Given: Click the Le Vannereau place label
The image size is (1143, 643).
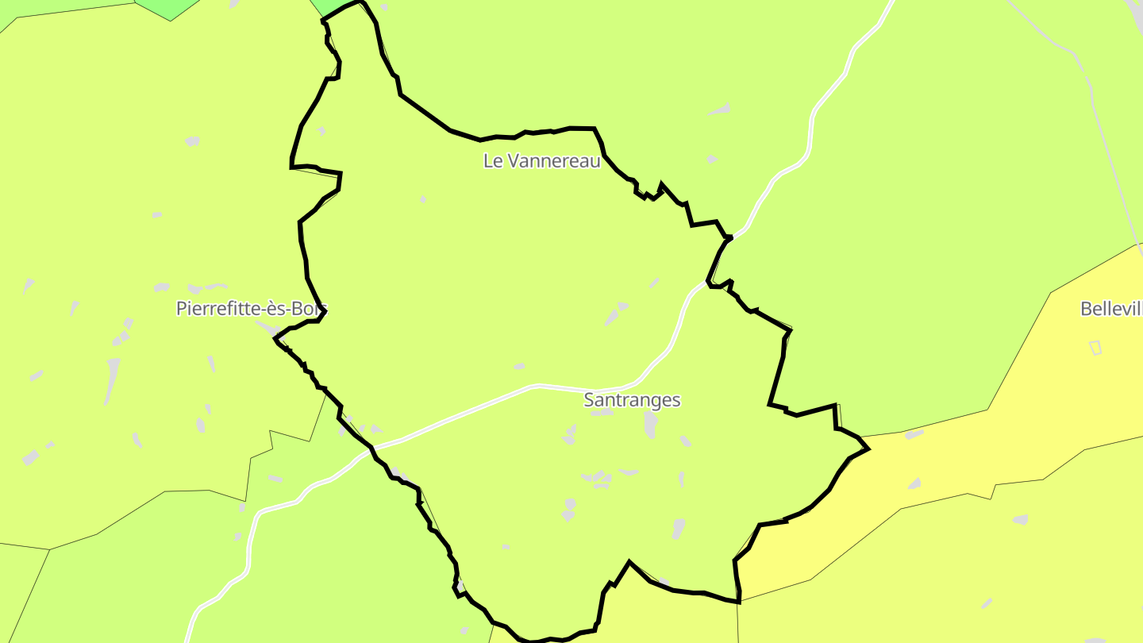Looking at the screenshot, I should click(x=541, y=160).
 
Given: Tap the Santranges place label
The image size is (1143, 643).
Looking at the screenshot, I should click(x=632, y=400).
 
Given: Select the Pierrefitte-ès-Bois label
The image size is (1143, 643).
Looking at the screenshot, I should click(x=252, y=309).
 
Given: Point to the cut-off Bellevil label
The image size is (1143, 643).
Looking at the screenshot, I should click(x=1111, y=309).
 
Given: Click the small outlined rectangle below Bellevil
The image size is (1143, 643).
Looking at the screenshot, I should click(x=1095, y=347).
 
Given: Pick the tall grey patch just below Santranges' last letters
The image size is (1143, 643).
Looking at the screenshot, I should click(x=651, y=423).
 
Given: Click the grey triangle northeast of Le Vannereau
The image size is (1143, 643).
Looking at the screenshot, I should click(x=721, y=110).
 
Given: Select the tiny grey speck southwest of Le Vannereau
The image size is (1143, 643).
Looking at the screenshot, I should click(x=423, y=198).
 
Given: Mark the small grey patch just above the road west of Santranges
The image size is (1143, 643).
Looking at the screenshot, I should click(x=519, y=366).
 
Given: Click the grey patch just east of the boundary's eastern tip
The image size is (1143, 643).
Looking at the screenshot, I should click(x=914, y=434).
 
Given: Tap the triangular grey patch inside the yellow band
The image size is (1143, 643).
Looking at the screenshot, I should click(x=915, y=483).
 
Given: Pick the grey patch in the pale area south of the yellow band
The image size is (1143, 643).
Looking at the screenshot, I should click(x=1021, y=519).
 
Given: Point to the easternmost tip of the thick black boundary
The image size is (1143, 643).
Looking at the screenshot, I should click(x=868, y=449).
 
